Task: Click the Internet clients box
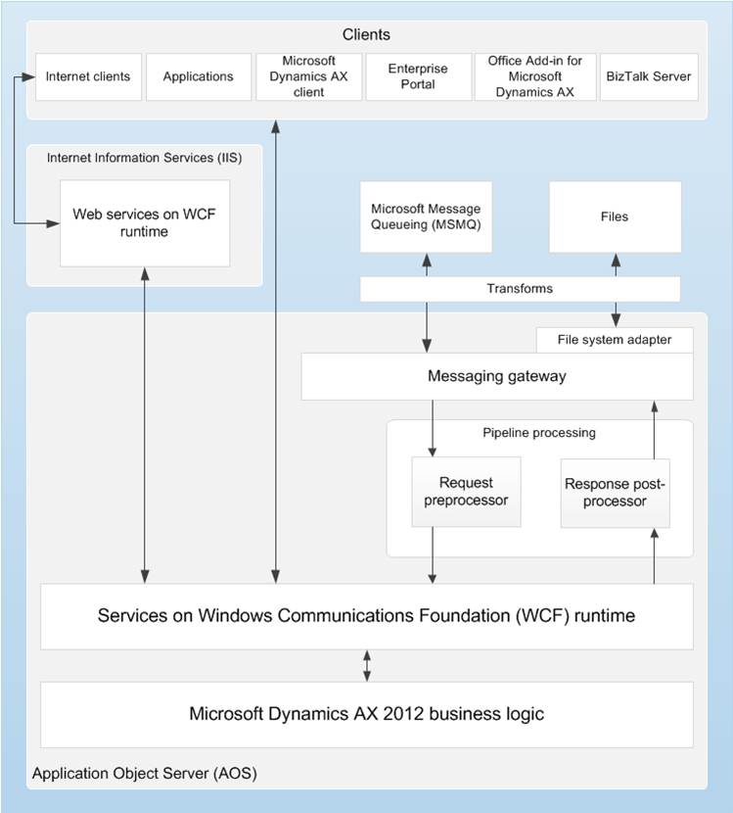point(88,76)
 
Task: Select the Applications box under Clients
point(198,76)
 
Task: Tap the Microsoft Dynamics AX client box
point(308,76)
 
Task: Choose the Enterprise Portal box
point(418,76)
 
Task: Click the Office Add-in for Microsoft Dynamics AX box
point(534,76)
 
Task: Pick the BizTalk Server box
point(649,76)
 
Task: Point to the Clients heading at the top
point(366,35)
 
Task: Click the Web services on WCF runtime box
point(145,222)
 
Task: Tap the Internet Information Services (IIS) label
point(144,157)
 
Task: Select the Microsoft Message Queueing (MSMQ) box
point(426,216)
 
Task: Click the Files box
point(615,216)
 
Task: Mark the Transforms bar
point(520,289)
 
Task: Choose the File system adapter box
point(614,340)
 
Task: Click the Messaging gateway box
point(496,377)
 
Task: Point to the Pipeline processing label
point(539,432)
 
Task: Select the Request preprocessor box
point(466,492)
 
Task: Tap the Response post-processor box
point(614,492)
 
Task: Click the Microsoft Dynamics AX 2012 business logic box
point(366,714)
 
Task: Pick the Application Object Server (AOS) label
point(145,774)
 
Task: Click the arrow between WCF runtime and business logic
point(367,665)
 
